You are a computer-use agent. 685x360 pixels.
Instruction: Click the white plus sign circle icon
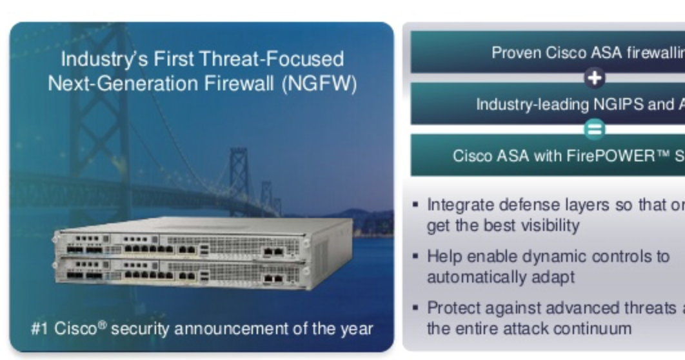594,78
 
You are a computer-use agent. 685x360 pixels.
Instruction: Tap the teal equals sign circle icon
594,130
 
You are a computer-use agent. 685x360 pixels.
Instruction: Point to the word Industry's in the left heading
103,59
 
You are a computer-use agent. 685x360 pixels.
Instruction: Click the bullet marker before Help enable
416,257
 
